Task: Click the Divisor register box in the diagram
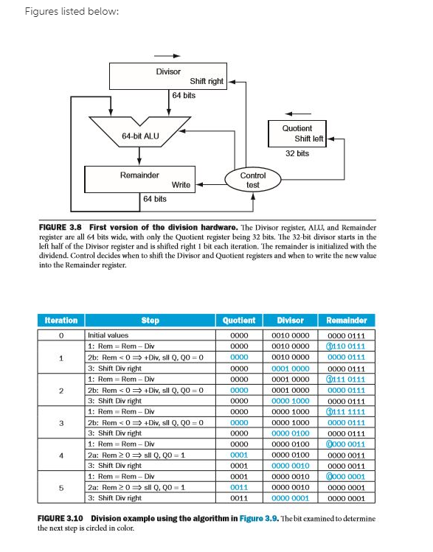pos(167,75)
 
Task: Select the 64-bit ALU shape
pos(140,136)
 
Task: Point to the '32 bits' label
pos(297,153)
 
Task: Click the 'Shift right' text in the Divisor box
pos(207,81)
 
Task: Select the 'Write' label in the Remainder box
pos(181,184)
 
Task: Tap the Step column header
pos(150,321)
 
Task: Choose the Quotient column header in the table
pos(238,321)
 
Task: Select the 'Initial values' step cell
pos(108,334)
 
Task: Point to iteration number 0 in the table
pos(60,334)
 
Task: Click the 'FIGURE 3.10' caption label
pos(65,519)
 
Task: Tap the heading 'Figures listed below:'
pos(60,12)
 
